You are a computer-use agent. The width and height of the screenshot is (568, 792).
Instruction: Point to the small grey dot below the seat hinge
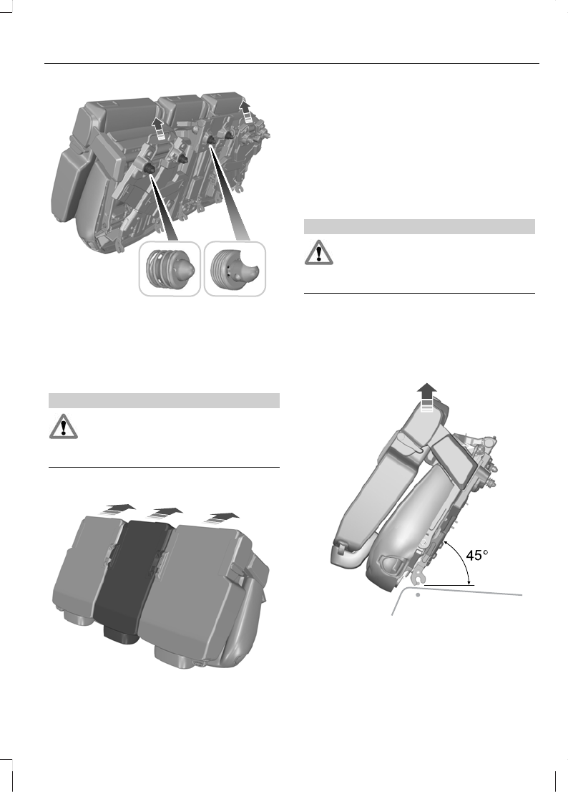tap(418, 594)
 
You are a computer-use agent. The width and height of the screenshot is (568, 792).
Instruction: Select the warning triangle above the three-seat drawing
tap(62, 428)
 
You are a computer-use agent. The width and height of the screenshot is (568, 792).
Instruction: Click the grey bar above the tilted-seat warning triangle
tap(420, 227)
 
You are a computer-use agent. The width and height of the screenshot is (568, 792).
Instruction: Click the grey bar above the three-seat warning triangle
tap(163, 400)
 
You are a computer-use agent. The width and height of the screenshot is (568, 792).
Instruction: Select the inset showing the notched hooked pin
tap(234, 269)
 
